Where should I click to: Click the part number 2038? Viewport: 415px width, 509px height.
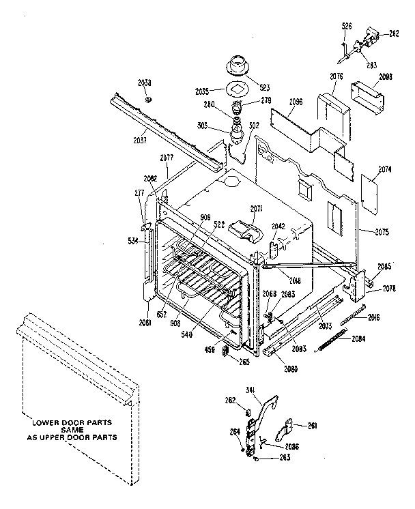click(x=144, y=83)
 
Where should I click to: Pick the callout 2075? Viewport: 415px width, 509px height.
click(x=381, y=233)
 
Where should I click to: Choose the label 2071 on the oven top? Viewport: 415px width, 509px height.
click(x=256, y=208)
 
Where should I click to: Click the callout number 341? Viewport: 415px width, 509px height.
click(x=250, y=390)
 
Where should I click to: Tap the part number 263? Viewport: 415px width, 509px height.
click(x=265, y=456)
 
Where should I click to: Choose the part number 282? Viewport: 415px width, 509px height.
click(x=394, y=33)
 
